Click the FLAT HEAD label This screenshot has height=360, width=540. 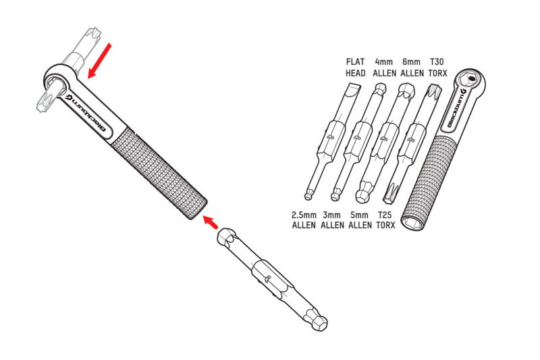(356, 68)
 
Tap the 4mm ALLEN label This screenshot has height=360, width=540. (384, 68)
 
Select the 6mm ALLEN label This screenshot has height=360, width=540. (412, 68)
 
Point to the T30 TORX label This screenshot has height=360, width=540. (437, 68)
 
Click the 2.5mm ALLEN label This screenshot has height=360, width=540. (304, 220)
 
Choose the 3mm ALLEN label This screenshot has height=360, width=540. (332, 220)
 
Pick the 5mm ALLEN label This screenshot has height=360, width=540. (360, 220)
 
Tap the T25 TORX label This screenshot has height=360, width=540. (385, 220)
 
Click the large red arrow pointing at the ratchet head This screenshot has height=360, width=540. (99, 61)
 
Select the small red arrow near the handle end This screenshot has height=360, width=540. (210, 222)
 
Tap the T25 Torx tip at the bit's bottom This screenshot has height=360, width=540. (391, 192)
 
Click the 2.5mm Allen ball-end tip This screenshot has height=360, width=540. (308, 196)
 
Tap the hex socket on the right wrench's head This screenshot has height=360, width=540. (470, 80)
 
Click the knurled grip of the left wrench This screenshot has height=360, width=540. (159, 172)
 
